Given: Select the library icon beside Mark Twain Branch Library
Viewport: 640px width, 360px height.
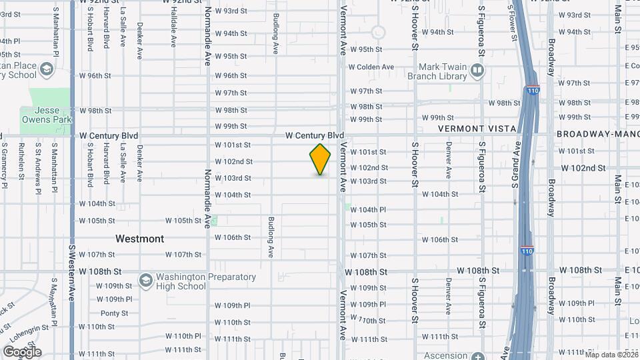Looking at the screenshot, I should pyautogui.click(x=477, y=69).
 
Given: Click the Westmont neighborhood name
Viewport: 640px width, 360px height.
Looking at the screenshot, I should pyautogui.click(x=139, y=238).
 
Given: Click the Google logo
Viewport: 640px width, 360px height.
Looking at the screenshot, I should pyautogui.click(x=22, y=351).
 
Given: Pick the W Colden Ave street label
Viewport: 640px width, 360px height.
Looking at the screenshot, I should pyautogui.click(x=375, y=67).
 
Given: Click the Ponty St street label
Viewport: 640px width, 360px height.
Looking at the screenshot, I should pyautogui.click(x=114, y=313).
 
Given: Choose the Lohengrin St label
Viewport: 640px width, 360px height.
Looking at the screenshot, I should pyautogui.click(x=31, y=329).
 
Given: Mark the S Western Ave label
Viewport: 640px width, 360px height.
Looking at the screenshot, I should pyautogui.click(x=71, y=273).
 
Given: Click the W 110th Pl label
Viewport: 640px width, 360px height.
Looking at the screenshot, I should pyautogui.click(x=183, y=336).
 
